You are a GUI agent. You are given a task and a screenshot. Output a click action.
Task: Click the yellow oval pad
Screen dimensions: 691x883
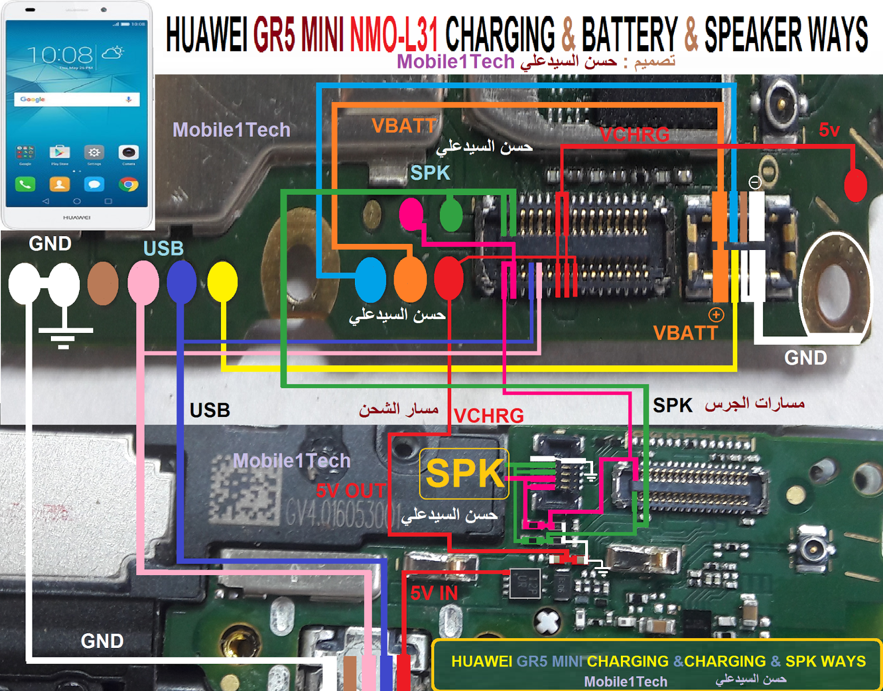(222, 281)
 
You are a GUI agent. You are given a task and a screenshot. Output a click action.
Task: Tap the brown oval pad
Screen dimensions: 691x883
(103, 283)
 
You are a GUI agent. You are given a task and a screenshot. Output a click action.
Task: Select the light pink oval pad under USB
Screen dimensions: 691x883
(143, 282)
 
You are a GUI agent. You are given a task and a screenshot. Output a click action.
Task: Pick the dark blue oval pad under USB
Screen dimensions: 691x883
(182, 282)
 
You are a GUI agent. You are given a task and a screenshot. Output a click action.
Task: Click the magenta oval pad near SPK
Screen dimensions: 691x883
(411, 215)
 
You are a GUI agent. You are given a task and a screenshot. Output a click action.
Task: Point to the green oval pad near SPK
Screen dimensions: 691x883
(451, 215)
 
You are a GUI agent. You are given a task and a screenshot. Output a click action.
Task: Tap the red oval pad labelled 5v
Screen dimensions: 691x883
(855, 185)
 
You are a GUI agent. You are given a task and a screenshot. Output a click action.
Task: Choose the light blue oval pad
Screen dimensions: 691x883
(370, 280)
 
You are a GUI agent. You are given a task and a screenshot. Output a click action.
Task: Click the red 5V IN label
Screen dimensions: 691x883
(434, 593)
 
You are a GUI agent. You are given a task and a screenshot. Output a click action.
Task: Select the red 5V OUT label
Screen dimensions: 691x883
(350, 490)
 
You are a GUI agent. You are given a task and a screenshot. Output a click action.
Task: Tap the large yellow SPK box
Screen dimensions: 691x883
(464, 474)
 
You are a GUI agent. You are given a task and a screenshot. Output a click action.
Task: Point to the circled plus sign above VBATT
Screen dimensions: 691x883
(716, 315)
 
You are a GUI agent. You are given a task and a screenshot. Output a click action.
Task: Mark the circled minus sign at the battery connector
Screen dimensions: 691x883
(754, 182)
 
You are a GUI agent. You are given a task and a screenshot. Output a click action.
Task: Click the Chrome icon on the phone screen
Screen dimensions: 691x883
(129, 184)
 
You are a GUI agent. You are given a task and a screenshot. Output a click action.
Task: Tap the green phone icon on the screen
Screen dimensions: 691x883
(25, 184)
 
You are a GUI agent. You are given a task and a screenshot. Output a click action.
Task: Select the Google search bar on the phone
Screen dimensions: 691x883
(77, 99)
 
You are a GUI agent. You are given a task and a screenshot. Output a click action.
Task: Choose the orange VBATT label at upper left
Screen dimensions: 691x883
(404, 126)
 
